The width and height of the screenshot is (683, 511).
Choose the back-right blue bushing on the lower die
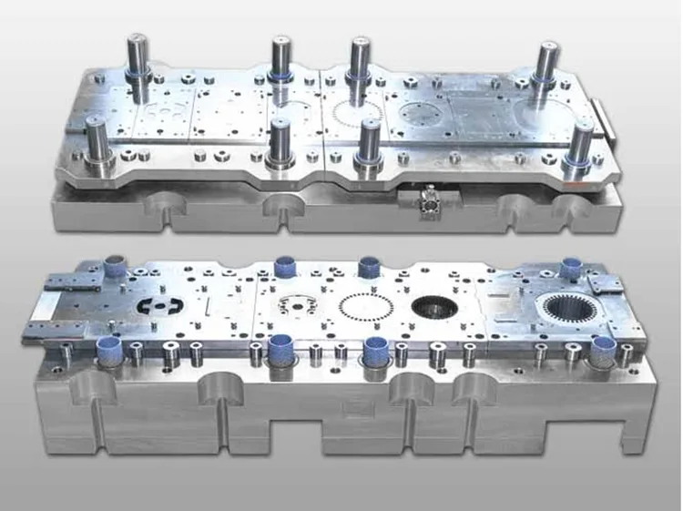click(x=572, y=267)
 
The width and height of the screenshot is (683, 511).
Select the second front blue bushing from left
click(x=280, y=348)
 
